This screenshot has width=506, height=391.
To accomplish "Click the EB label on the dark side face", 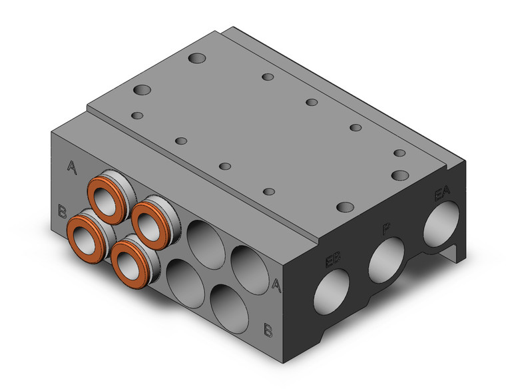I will tap(333, 259).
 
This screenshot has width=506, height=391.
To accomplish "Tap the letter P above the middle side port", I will tap(386, 230).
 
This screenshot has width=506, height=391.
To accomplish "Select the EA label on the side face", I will tap(441, 195).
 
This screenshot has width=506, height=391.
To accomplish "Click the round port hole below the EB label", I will tap(330, 292).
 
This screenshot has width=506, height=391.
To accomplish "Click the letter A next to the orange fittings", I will tap(72, 167).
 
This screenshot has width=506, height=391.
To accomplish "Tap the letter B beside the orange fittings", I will tap(62, 212).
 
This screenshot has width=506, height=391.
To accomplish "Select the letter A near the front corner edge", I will tap(276, 284).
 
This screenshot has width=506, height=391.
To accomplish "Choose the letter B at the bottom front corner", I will tap(267, 328).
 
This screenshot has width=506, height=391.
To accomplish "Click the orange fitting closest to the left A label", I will tap(107, 198).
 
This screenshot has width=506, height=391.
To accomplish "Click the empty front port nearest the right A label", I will tap(247, 266).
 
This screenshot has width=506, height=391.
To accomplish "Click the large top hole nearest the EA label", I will tap(400, 175).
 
